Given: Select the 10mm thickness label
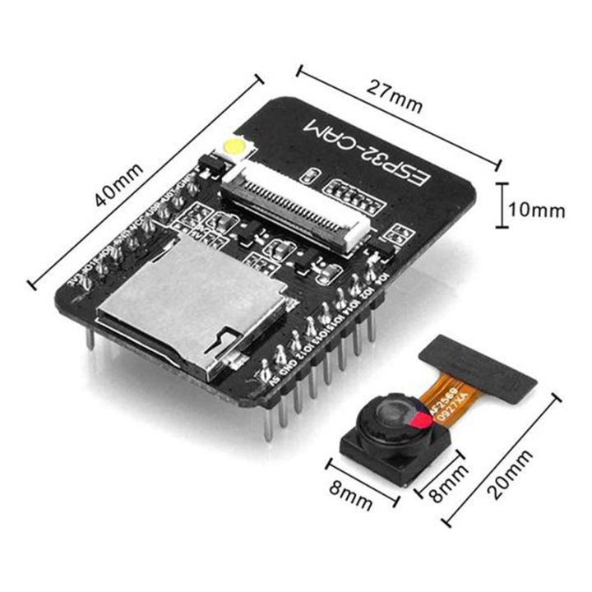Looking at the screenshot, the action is pyautogui.click(x=537, y=210).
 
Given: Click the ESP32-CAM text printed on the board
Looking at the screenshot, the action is pyautogui.click(x=366, y=153).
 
